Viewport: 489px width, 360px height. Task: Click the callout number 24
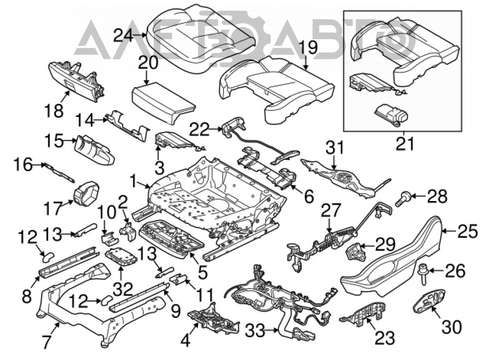coord(124,35)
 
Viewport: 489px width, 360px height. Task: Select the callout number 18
coord(54,111)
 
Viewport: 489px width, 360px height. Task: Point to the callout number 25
coord(468,231)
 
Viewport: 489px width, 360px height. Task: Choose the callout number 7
coord(46,341)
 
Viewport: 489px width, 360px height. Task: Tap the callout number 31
coord(334,148)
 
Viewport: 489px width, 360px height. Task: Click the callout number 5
coord(202,272)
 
